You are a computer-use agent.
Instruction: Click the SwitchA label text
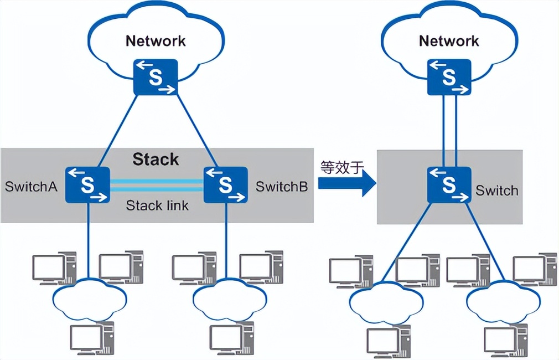click(x=32, y=186)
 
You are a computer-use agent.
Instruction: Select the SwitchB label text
click(x=282, y=186)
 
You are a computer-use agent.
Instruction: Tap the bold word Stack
click(x=156, y=160)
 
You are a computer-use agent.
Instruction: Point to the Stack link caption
click(x=157, y=205)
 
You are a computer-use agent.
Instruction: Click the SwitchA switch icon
click(x=87, y=185)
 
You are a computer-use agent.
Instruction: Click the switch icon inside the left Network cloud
click(x=156, y=76)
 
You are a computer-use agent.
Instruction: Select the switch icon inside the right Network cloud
click(x=449, y=76)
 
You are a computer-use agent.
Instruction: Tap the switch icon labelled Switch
click(x=449, y=185)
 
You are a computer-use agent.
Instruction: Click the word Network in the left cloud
click(x=156, y=41)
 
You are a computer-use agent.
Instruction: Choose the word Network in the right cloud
click(x=449, y=41)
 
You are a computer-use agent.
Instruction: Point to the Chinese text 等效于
click(x=341, y=166)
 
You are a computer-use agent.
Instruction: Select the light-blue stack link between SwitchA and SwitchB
click(x=157, y=185)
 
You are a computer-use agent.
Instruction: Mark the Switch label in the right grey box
click(x=497, y=191)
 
